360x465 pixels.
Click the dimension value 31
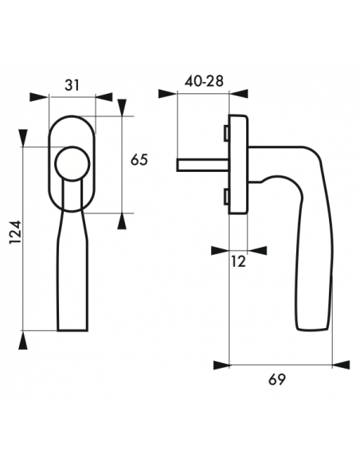point(72,85)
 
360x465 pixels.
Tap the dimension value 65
point(139,160)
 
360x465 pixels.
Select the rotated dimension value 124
point(15,232)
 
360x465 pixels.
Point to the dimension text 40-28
point(204,81)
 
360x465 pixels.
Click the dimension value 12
point(239,262)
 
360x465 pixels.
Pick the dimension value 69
point(277,379)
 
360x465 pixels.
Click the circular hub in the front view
point(72,163)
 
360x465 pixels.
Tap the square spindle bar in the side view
point(203,165)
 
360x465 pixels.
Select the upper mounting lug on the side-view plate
point(226,132)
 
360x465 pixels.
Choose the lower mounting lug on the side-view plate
point(226,197)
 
